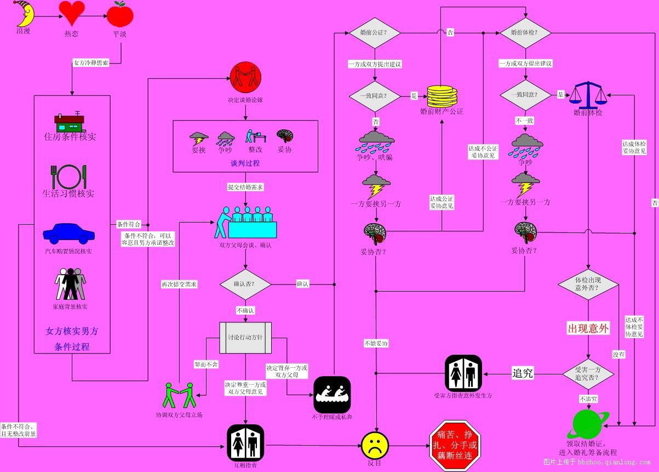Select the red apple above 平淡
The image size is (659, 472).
(120, 14)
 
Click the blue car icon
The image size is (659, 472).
(69, 233)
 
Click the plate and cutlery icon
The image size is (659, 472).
(68, 177)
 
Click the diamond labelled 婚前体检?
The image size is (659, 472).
(525, 33)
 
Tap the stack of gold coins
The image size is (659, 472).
(442, 96)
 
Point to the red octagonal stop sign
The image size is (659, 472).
(454, 445)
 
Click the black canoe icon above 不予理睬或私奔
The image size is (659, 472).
(332, 394)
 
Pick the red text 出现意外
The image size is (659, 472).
(588, 329)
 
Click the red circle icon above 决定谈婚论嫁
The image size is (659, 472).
(245, 77)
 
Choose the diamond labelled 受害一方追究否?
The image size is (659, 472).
(588, 374)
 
